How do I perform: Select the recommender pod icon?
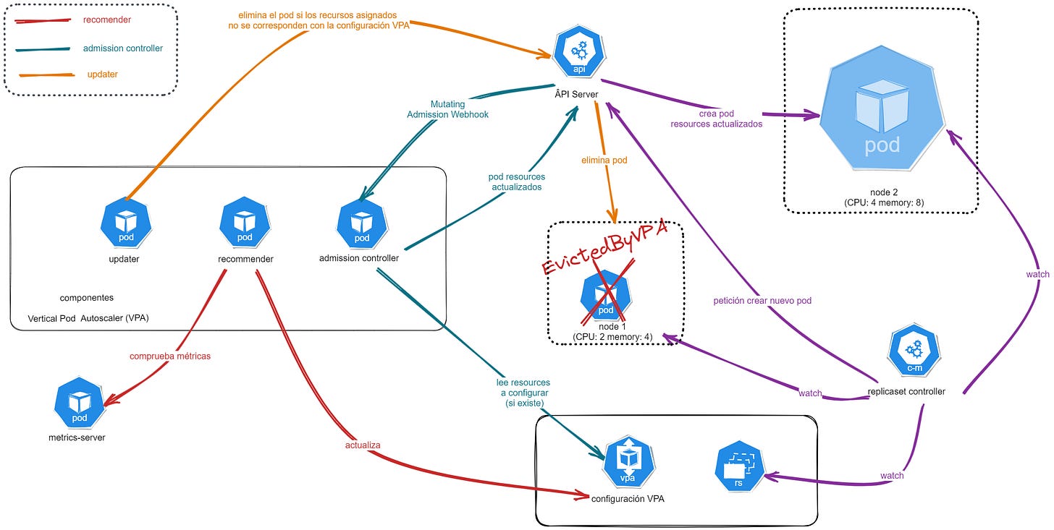(245, 222)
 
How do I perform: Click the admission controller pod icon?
(361, 222)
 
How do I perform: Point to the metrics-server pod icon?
(80, 403)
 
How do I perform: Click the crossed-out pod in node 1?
(606, 295)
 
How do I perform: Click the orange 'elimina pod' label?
(602, 161)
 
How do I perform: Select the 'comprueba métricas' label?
(169, 356)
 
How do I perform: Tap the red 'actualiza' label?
(362, 445)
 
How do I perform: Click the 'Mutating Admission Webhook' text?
(447, 109)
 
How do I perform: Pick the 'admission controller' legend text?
(123, 48)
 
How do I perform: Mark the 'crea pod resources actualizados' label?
(716, 119)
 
